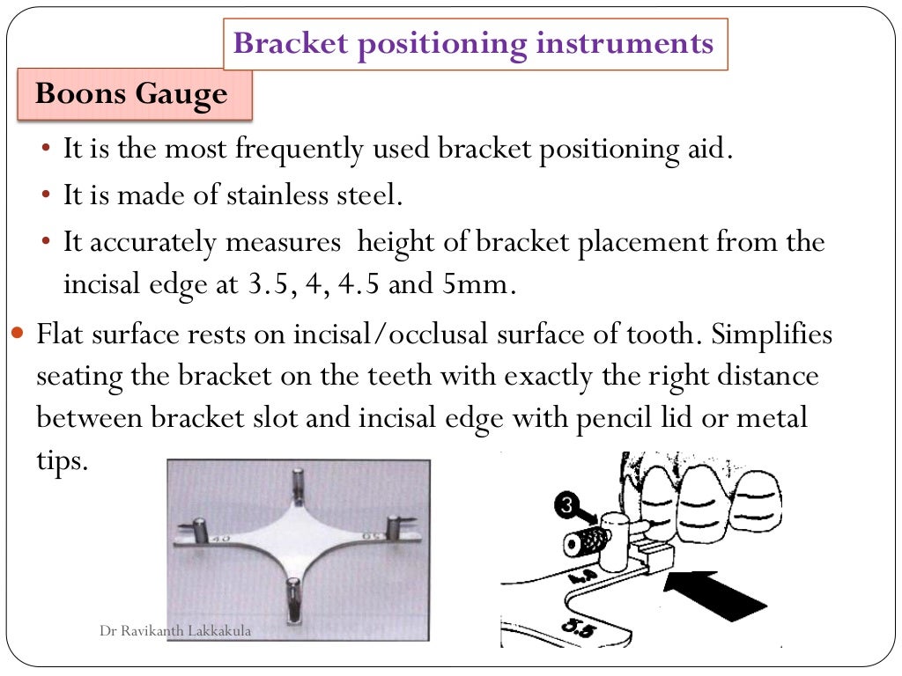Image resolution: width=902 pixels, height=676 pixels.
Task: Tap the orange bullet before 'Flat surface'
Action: [x=20, y=335]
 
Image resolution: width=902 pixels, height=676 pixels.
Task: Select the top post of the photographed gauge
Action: [x=294, y=487]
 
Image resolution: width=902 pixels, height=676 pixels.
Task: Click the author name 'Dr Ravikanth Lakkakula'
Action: [x=174, y=631]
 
